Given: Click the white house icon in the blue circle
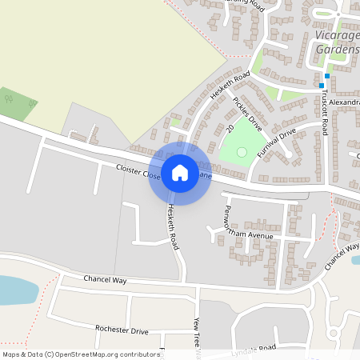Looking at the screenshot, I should [180, 173].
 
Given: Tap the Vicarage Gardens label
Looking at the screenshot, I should [336, 42].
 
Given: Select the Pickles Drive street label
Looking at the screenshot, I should [247, 114].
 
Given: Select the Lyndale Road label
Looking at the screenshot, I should [253, 348].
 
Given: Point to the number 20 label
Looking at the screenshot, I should [230, 128].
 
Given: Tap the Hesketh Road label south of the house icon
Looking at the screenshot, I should [172, 226].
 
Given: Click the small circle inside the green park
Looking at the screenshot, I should [242, 152].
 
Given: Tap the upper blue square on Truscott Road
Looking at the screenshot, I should [327, 76].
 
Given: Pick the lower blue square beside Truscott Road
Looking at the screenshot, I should [322, 86].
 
